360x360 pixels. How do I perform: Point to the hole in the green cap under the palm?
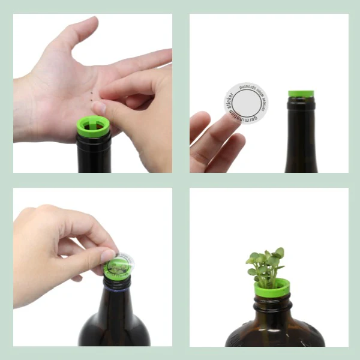[95, 125]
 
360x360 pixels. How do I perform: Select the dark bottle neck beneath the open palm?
[94, 154]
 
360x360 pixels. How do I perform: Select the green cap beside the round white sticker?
[301, 94]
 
